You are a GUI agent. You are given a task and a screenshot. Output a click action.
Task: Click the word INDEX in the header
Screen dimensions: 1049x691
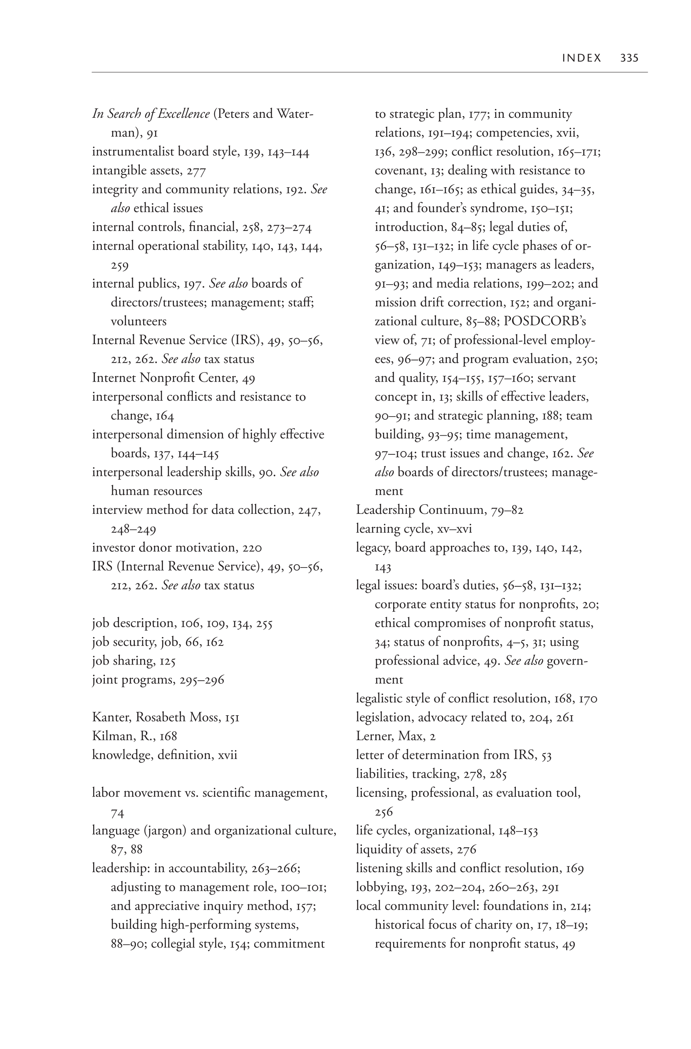tap(581, 58)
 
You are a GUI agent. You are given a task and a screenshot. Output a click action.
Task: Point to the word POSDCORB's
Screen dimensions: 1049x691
tap(545, 321)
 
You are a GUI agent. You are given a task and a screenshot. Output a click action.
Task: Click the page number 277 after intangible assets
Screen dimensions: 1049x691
tap(196, 171)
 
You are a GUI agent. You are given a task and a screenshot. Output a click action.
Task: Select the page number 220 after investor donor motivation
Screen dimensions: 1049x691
tap(252, 548)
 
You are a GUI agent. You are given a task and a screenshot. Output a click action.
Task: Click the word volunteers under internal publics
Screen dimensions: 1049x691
tap(139, 321)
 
